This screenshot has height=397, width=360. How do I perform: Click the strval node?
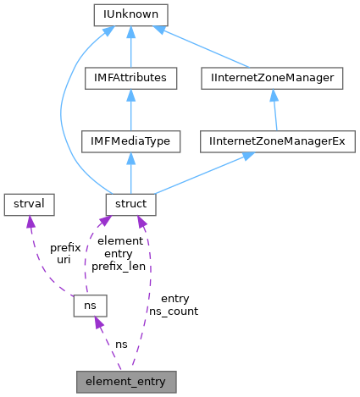(29, 203)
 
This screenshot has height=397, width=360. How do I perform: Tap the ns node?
(88, 303)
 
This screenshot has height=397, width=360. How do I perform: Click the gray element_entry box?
(126, 381)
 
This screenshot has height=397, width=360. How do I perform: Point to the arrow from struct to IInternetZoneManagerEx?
(203, 174)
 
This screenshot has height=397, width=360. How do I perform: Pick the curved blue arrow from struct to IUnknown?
(61, 110)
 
